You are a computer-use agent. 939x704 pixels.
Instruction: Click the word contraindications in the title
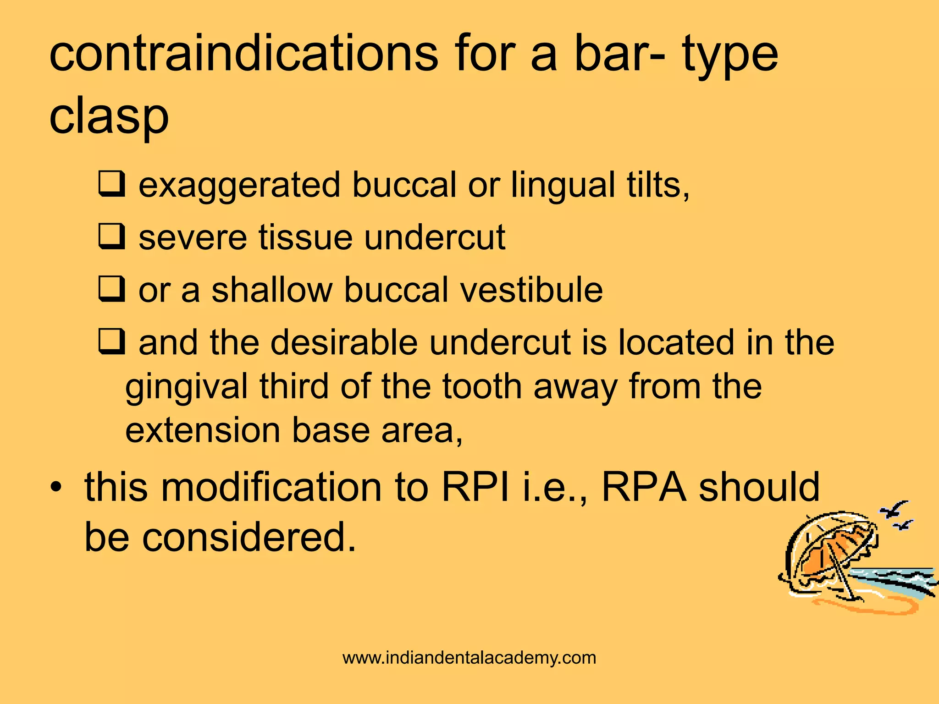coord(243,55)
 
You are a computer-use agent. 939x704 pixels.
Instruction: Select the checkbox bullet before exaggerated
coord(111,184)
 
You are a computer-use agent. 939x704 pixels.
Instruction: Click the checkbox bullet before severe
coord(111,236)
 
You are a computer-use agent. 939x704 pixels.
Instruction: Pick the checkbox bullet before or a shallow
coord(111,289)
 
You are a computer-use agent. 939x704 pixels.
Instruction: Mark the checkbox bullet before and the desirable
coord(111,342)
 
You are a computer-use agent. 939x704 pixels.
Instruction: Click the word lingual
coord(563,186)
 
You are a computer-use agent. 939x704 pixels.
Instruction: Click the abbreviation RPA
coord(644,487)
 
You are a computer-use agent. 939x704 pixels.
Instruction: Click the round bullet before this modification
coord(56,487)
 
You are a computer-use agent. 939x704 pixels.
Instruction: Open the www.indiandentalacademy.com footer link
coord(469,658)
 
